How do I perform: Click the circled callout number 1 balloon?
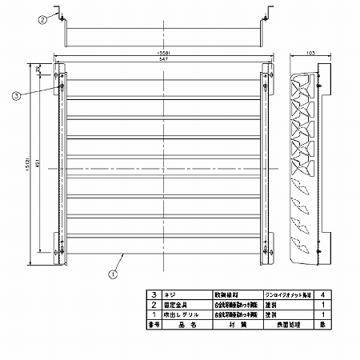(x=113, y=273)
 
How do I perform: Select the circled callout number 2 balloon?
(x=42, y=21)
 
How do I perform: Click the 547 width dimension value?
(x=162, y=61)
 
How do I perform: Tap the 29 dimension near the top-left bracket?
(x=39, y=71)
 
